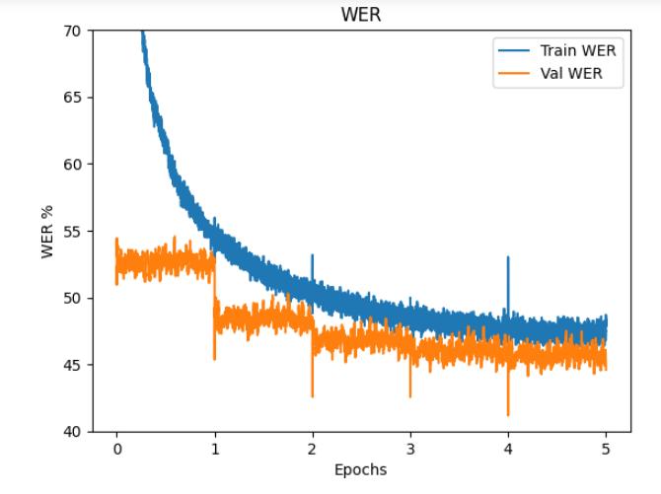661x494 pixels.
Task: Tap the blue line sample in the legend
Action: click(x=514, y=50)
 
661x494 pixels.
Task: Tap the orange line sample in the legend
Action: click(x=514, y=72)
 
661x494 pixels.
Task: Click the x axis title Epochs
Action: click(x=360, y=469)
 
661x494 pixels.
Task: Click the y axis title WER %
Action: click(x=46, y=231)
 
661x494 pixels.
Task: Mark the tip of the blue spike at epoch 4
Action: click(x=508, y=257)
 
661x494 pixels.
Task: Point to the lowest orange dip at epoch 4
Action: click(x=508, y=415)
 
